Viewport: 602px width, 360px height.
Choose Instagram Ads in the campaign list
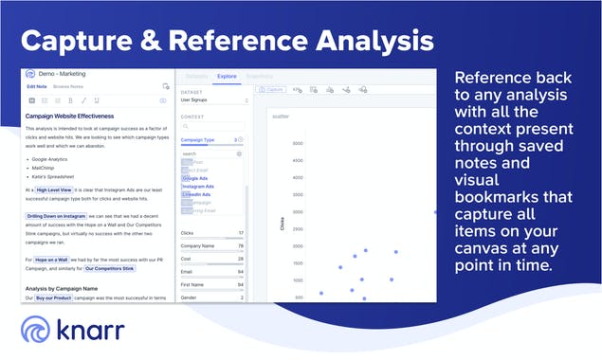click(198, 187)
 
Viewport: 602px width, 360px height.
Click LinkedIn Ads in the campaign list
click(196, 194)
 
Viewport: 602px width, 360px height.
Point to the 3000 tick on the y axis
click(298, 144)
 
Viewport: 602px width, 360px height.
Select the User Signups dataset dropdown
click(213, 99)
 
